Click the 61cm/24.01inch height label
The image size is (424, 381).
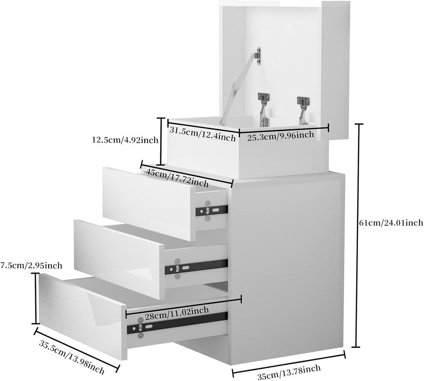tap(391, 223)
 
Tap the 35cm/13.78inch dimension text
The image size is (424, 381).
tap(289, 372)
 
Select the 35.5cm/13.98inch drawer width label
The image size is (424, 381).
tap(72, 357)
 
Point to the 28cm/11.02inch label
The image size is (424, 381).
tap(177, 314)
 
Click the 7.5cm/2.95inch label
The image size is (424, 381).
tap(31, 265)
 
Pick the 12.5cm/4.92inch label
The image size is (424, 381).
tap(125, 140)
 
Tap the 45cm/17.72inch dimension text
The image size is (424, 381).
tap(177, 178)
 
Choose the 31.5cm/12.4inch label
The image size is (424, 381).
tap(203, 134)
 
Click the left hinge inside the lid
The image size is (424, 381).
tap(263, 108)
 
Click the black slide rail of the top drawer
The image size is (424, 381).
tap(212, 210)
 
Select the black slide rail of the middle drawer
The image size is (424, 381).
tap(196, 267)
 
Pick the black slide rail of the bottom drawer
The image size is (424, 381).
tap(177, 323)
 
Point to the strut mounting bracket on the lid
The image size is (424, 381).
tap(259, 56)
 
